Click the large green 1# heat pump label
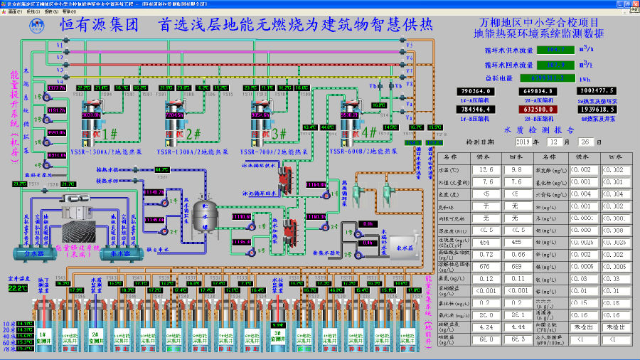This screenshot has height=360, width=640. (110, 133)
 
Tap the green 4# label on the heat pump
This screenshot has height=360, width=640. (370, 132)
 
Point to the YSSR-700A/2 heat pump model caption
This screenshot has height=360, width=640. (274, 152)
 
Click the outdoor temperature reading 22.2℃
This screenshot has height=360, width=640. (17, 288)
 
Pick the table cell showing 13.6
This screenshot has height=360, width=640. (485, 170)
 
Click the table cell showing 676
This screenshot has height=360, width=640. (485, 265)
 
